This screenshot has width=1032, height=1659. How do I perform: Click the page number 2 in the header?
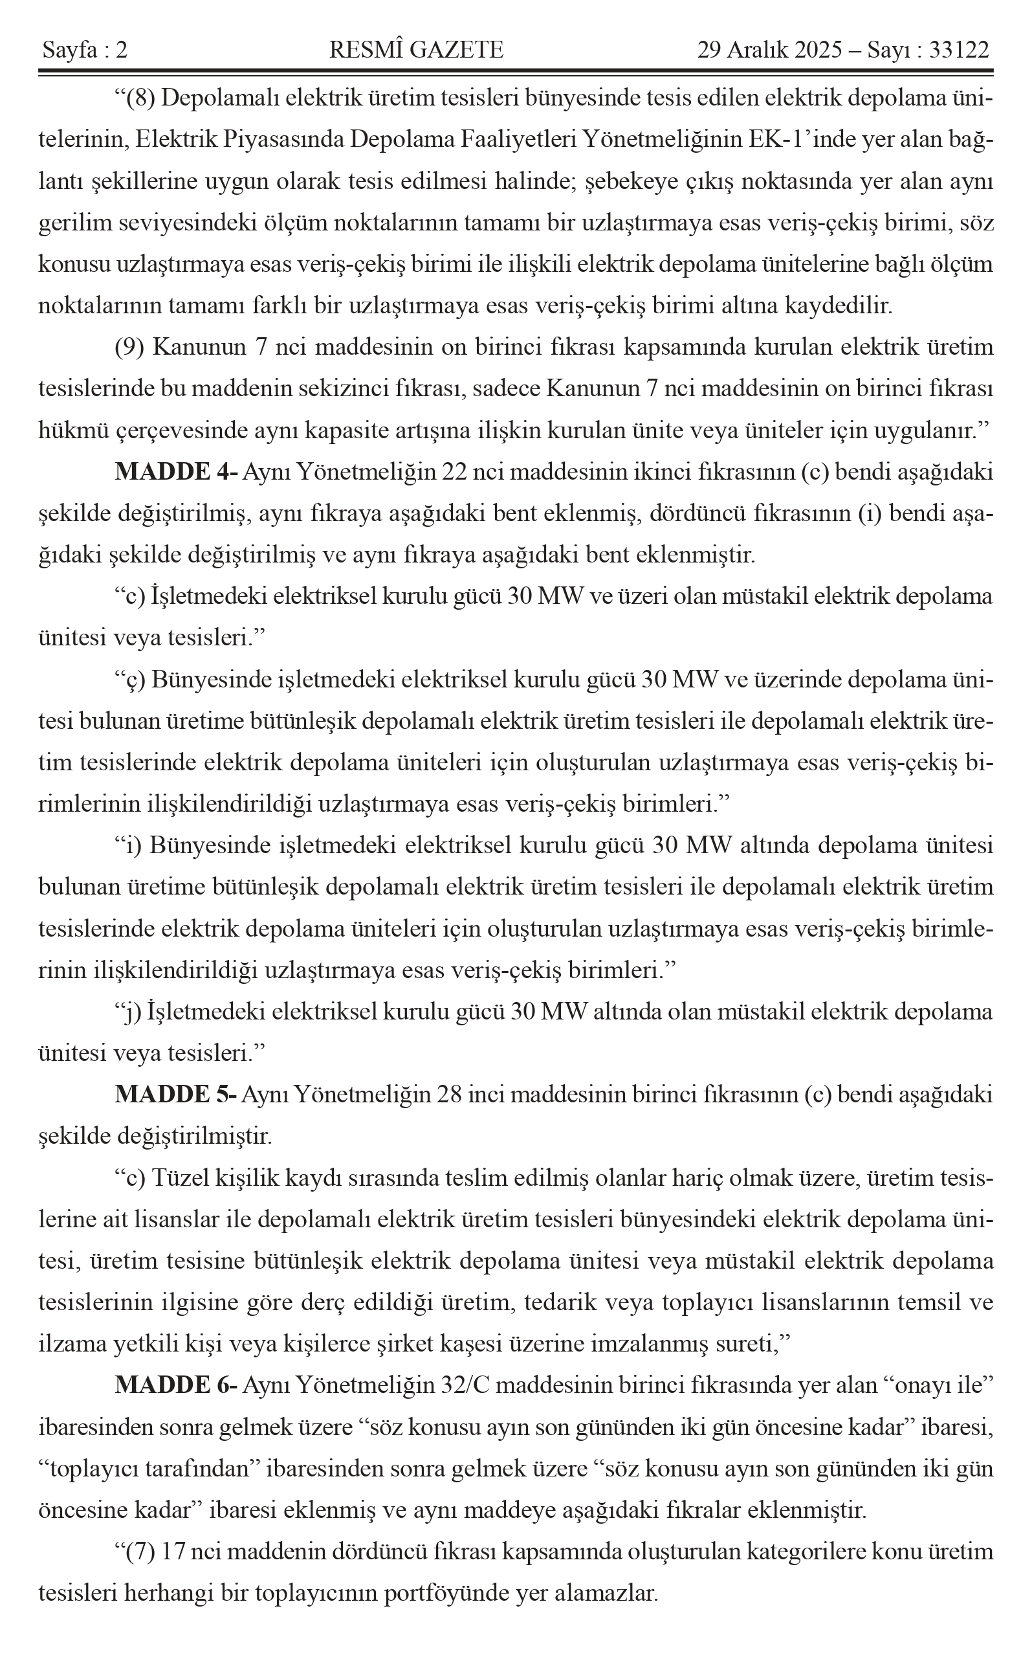click(121, 50)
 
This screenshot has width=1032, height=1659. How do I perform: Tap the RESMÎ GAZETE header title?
click(416, 50)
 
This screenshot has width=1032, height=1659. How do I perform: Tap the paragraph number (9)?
click(129, 348)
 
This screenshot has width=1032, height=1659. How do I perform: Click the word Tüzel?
click(181, 1177)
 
